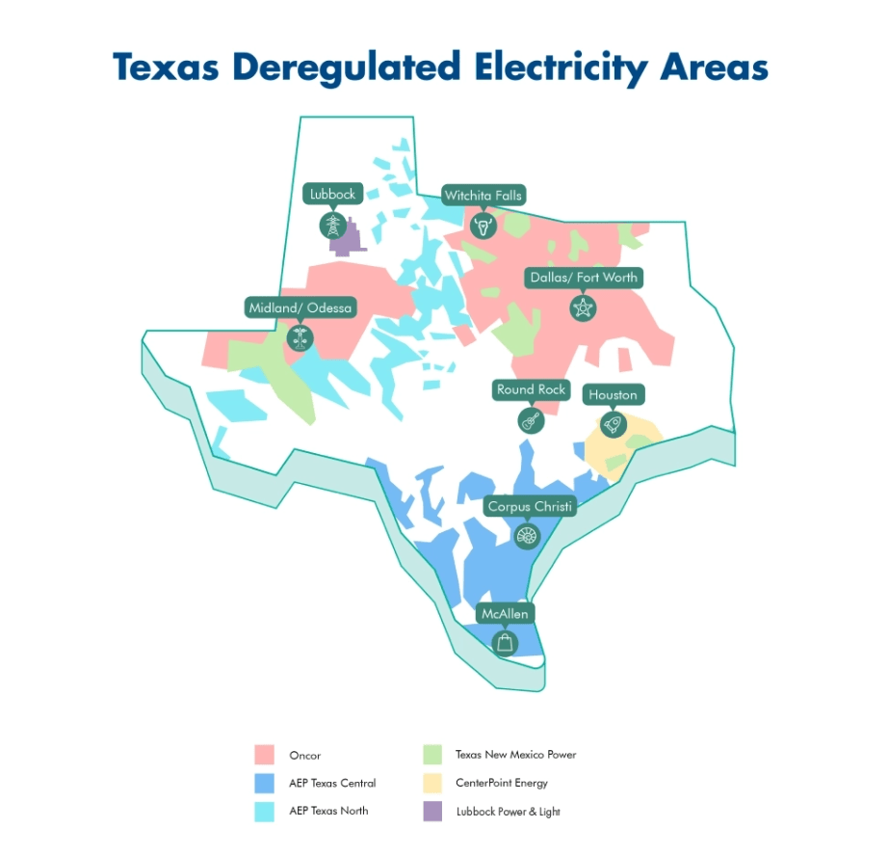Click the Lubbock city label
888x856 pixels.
pos(332,194)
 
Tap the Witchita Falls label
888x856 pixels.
pos(483,196)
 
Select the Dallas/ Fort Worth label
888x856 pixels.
pos(583,278)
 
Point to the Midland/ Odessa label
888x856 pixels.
pos(300,308)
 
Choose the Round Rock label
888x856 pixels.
pos(531,390)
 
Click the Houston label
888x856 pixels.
pos(613,395)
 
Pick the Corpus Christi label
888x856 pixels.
pos(530,506)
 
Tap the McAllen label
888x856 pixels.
pos(505,614)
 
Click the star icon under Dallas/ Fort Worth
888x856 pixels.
pos(583,308)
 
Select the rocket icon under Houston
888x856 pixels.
pos(612,424)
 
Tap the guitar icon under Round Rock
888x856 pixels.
pos(531,420)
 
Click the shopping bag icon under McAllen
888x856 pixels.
pos(505,643)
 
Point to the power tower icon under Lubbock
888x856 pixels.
pos(332,226)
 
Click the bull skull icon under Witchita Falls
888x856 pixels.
pos(483,227)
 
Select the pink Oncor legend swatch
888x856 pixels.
pos(266,754)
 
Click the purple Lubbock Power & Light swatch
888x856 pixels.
pos(432,812)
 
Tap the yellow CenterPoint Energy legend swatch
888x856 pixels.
pos(432,783)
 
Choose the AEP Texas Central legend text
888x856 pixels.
pos(332,783)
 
